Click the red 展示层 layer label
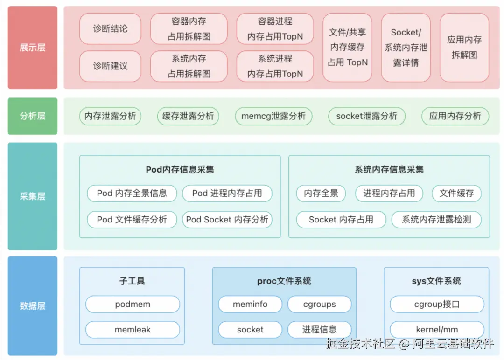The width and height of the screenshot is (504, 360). tap(32, 48)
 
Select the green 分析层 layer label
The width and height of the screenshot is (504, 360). tap(32, 116)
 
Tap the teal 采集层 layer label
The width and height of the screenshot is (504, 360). tap(32, 196)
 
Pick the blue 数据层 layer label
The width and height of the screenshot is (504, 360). tap(32, 306)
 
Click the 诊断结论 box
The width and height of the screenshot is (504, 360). tap(110, 29)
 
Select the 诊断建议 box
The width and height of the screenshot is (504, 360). tap(110, 66)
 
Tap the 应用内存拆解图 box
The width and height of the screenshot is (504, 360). tap(464, 48)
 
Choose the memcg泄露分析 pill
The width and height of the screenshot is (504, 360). tap(273, 116)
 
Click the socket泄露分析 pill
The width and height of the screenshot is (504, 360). tap(367, 116)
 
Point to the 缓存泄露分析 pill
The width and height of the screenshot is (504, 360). tap(188, 116)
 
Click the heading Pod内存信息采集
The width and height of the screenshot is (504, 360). tap(180, 170)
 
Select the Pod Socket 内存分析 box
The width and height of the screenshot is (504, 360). tap(227, 219)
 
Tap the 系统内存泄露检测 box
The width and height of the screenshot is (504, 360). tap(436, 219)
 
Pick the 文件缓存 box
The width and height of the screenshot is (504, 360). tap(456, 193)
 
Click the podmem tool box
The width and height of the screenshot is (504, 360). tap(133, 304)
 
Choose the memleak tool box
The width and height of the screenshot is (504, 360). tap(133, 330)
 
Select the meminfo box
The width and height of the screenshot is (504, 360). tap(250, 304)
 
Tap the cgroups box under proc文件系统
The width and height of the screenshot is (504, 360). tap(319, 304)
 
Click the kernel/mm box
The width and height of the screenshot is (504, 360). tap(437, 330)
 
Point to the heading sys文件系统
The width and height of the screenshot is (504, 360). tap(436, 281)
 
